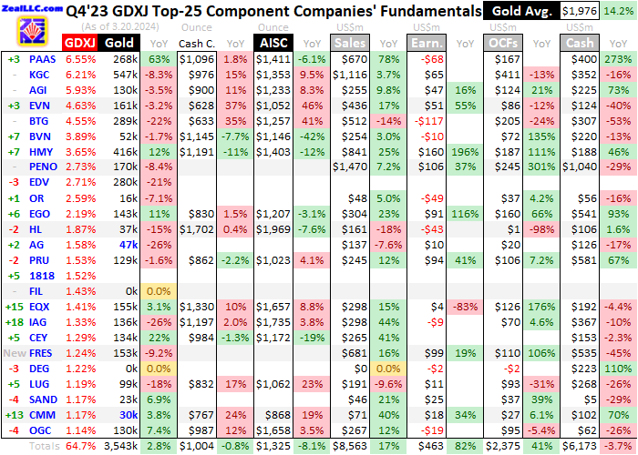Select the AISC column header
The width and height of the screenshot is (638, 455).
point(274,42)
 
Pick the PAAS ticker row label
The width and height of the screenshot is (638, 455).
point(39,59)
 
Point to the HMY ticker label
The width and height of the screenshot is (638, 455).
point(39,152)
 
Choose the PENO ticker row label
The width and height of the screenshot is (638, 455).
point(42,167)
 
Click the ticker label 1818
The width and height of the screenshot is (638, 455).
point(40,276)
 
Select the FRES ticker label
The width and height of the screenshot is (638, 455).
point(40,353)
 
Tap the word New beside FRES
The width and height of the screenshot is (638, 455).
point(15,353)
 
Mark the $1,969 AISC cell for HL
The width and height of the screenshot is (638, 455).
point(275,229)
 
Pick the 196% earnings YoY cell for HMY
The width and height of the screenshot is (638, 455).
point(465,152)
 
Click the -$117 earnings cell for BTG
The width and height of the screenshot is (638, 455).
point(427,121)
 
